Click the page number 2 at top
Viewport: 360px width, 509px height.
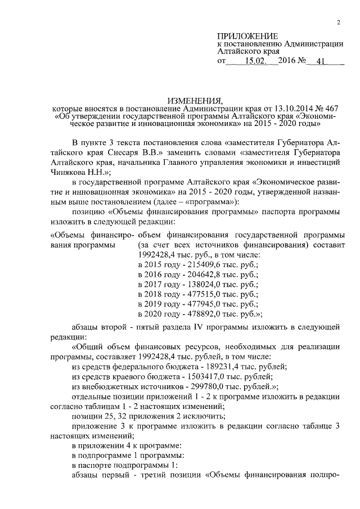click(x=339, y=22)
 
